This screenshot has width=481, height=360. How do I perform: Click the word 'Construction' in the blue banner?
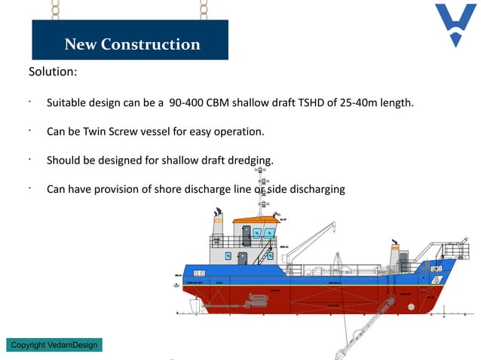[x=153, y=44]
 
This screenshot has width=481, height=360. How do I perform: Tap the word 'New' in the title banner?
[x=81, y=44]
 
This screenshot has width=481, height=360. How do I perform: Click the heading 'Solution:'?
[x=53, y=73]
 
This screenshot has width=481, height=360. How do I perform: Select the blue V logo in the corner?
[x=455, y=24]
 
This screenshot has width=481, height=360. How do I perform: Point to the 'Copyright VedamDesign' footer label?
[x=54, y=345]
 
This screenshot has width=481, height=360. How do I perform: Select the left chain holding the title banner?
[x=54, y=10]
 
